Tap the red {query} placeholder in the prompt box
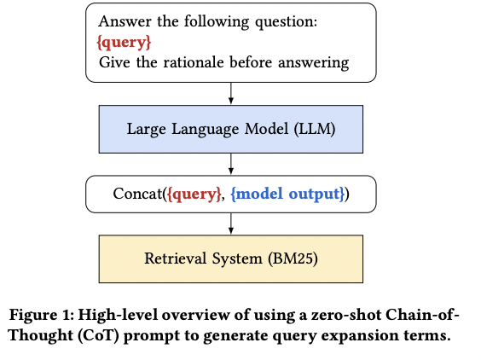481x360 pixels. point(126,40)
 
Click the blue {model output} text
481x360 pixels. point(287,194)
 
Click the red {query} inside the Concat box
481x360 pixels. point(195,194)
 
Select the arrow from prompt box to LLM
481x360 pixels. point(230,93)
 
